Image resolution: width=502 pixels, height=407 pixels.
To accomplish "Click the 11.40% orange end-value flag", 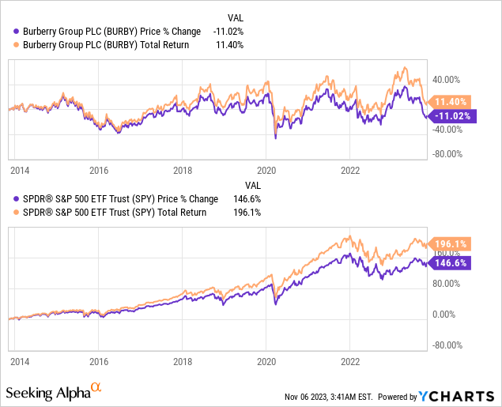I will pos(452,101).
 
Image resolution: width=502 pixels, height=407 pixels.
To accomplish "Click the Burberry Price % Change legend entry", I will pos(107,31).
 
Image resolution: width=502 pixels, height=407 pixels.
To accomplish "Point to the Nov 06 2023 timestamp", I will pos(333,397).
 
